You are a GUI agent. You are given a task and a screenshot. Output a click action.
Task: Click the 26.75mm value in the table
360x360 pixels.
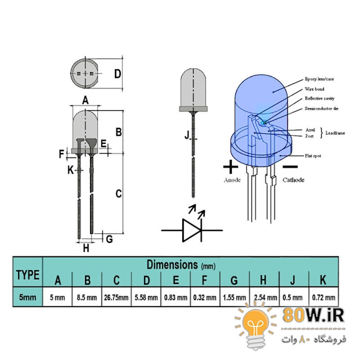tap(116, 297)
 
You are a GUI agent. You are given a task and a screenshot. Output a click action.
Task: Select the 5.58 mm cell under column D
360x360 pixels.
tap(146, 297)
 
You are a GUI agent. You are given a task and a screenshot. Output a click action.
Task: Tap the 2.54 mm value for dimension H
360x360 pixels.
tap(265, 297)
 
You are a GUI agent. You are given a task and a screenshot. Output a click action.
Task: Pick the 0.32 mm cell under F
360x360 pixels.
tap(205, 297)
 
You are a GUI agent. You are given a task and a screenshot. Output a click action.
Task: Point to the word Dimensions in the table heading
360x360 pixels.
tap(172, 265)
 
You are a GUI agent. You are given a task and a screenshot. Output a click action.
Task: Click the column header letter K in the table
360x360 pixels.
tap(323, 280)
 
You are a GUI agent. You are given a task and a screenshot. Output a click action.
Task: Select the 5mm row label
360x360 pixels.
tap(27, 297)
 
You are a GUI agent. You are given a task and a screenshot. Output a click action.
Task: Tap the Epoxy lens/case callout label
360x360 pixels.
tap(319, 79)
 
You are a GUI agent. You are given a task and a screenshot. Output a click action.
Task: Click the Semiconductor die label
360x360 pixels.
tap(321, 108)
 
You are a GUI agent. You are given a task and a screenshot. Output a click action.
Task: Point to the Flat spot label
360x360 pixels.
tap(313, 156)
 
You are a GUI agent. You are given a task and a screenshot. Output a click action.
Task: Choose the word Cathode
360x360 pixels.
tap(293, 180)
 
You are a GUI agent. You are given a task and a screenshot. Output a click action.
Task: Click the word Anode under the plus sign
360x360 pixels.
tap(232, 180)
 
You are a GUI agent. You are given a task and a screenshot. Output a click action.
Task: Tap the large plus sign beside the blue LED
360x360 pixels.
tap(230, 166)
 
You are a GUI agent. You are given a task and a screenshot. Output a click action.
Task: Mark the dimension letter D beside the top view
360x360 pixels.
tap(117, 74)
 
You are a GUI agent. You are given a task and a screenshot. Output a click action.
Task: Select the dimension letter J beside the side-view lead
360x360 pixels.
tap(187, 135)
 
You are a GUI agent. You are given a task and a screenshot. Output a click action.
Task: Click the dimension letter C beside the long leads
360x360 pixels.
tap(118, 193)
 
